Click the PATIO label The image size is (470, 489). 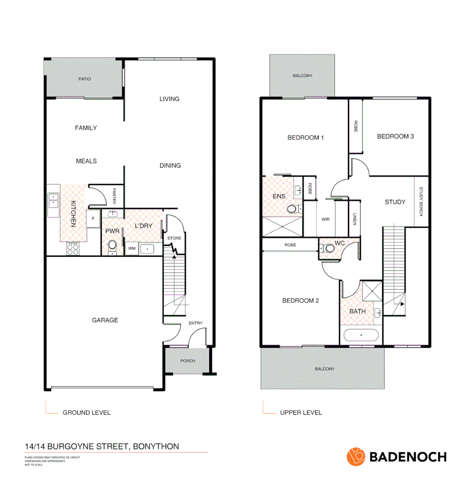tap(84, 79)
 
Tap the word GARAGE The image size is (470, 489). tap(105, 320)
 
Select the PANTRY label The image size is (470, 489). tap(114, 194)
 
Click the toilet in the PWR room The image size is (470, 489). tap(112, 245)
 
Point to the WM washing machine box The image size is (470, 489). tap(132, 249)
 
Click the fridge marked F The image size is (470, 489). tap(93, 219)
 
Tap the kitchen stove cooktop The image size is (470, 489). tap(73, 249)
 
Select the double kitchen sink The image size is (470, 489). tap(53, 200)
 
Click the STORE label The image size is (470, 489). tap(174, 238)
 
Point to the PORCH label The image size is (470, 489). tap(187, 361)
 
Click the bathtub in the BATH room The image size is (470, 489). tap(361, 336)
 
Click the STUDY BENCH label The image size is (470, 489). tap(421, 201)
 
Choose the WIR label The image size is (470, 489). tap(325, 220)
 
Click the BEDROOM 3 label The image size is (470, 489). tap(395, 136)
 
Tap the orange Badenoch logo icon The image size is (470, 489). tap(356, 456)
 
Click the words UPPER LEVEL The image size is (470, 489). tap(301, 412)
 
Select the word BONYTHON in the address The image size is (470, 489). tap(156, 446)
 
